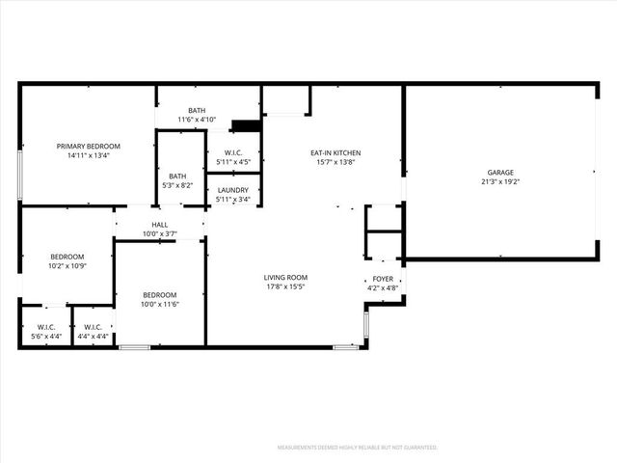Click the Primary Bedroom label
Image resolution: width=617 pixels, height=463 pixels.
[x=87, y=146]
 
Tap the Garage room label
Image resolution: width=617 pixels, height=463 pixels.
[x=499, y=172]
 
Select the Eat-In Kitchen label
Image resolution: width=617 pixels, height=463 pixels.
[x=335, y=153]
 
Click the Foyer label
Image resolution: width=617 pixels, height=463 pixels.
[x=383, y=279]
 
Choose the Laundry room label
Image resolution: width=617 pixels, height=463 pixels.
[x=232, y=191]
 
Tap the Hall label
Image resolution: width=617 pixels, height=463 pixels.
[x=159, y=225]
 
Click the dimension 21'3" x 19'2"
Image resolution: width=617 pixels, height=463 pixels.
[x=499, y=180]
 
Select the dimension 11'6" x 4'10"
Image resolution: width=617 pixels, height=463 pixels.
[x=197, y=119]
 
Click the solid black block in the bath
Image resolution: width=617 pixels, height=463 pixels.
[x=248, y=125]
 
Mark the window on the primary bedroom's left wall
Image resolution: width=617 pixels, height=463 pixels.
[x=20, y=174]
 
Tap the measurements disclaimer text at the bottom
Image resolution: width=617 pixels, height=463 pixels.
[x=357, y=448]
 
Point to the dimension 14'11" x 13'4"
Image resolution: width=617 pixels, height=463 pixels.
[x=87, y=154]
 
